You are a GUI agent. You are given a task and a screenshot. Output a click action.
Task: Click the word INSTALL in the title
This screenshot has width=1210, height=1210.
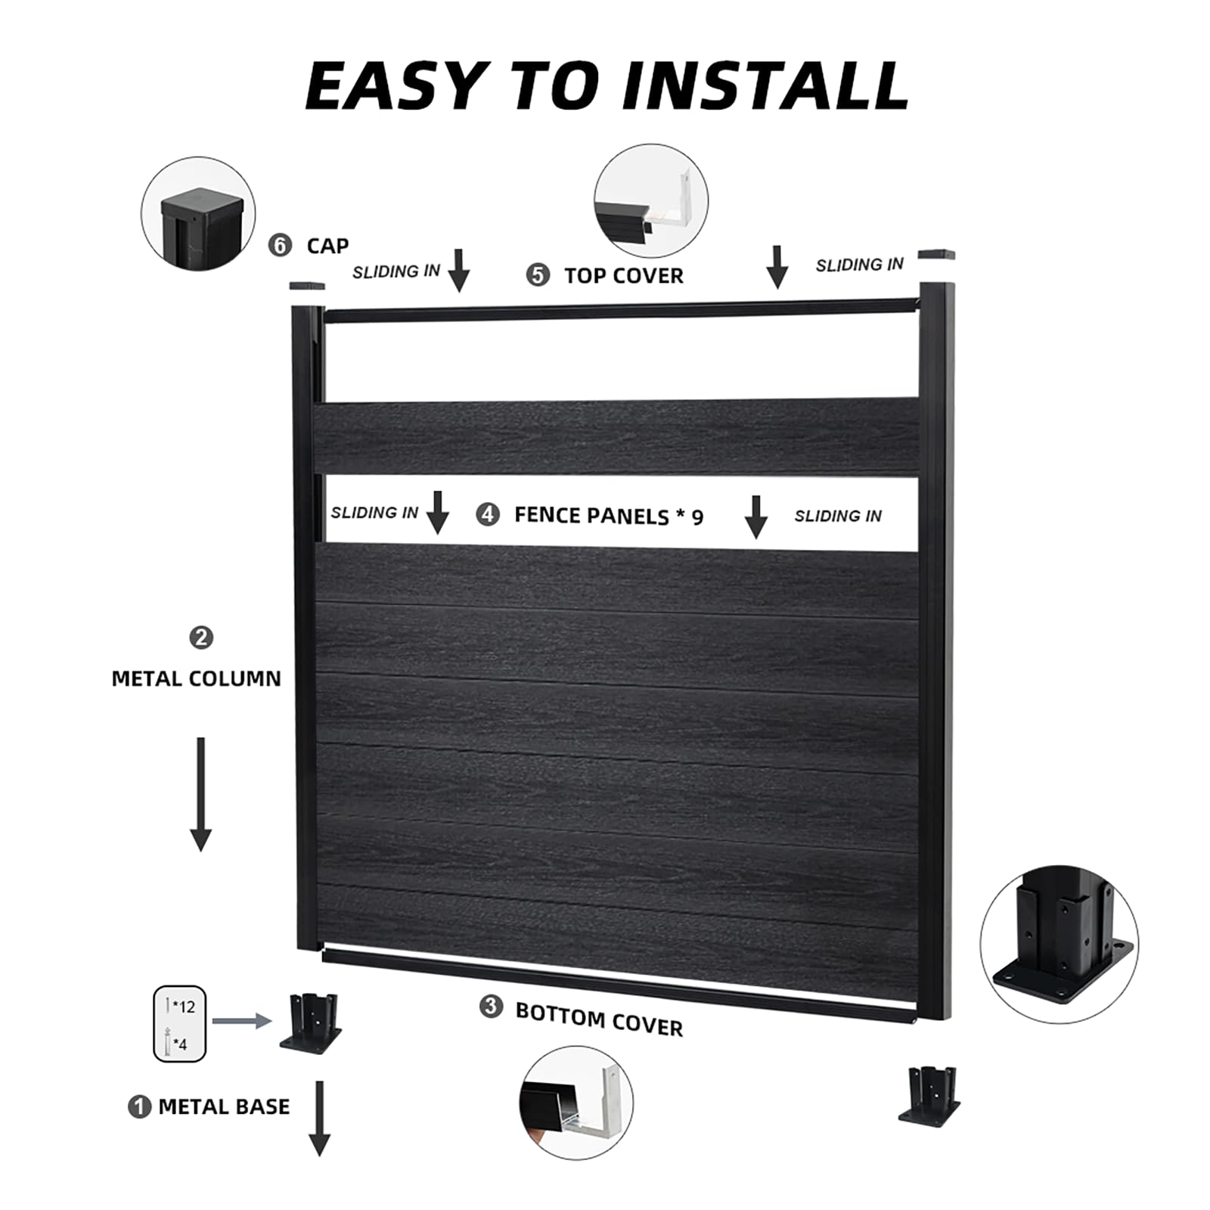click(x=765, y=85)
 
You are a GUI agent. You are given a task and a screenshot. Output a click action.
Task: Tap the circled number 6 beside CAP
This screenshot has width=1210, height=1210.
click(x=280, y=245)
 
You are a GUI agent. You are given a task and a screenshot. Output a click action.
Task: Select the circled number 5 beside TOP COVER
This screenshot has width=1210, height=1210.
click(x=538, y=275)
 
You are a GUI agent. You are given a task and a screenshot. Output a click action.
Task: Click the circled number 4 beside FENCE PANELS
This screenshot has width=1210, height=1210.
click(x=488, y=515)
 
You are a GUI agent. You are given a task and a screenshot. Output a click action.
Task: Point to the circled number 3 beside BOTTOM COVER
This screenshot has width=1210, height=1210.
click(x=491, y=1007)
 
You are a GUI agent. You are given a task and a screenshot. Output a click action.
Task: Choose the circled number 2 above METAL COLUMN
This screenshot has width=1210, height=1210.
click(x=200, y=638)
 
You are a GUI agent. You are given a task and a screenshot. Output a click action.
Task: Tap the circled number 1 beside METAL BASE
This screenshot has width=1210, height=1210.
click(x=139, y=1107)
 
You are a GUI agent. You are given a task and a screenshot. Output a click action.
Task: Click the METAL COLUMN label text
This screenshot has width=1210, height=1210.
click(x=196, y=678)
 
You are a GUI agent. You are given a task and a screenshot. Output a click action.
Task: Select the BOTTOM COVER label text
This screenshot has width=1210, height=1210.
click(x=599, y=1019)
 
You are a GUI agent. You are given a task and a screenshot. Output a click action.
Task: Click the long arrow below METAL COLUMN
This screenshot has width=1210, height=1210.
click(x=200, y=794)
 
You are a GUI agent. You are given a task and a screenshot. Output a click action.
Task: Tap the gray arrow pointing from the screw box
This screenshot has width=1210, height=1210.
click(x=241, y=1021)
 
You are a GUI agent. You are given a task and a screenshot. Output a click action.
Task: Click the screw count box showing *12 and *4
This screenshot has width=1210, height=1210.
click(x=179, y=1024)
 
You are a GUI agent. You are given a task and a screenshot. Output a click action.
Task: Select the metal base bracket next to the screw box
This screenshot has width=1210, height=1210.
click(x=312, y=1022)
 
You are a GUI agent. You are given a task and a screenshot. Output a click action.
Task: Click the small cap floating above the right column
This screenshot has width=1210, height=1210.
click(x=936, y=255)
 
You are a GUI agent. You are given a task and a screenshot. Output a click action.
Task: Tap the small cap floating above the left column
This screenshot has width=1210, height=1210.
click(x=306, y=286)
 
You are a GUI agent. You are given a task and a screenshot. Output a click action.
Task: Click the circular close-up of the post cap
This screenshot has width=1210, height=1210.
click(x=198, y=214)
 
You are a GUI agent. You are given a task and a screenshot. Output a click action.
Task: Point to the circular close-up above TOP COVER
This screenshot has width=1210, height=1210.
click(x=651, y=201)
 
